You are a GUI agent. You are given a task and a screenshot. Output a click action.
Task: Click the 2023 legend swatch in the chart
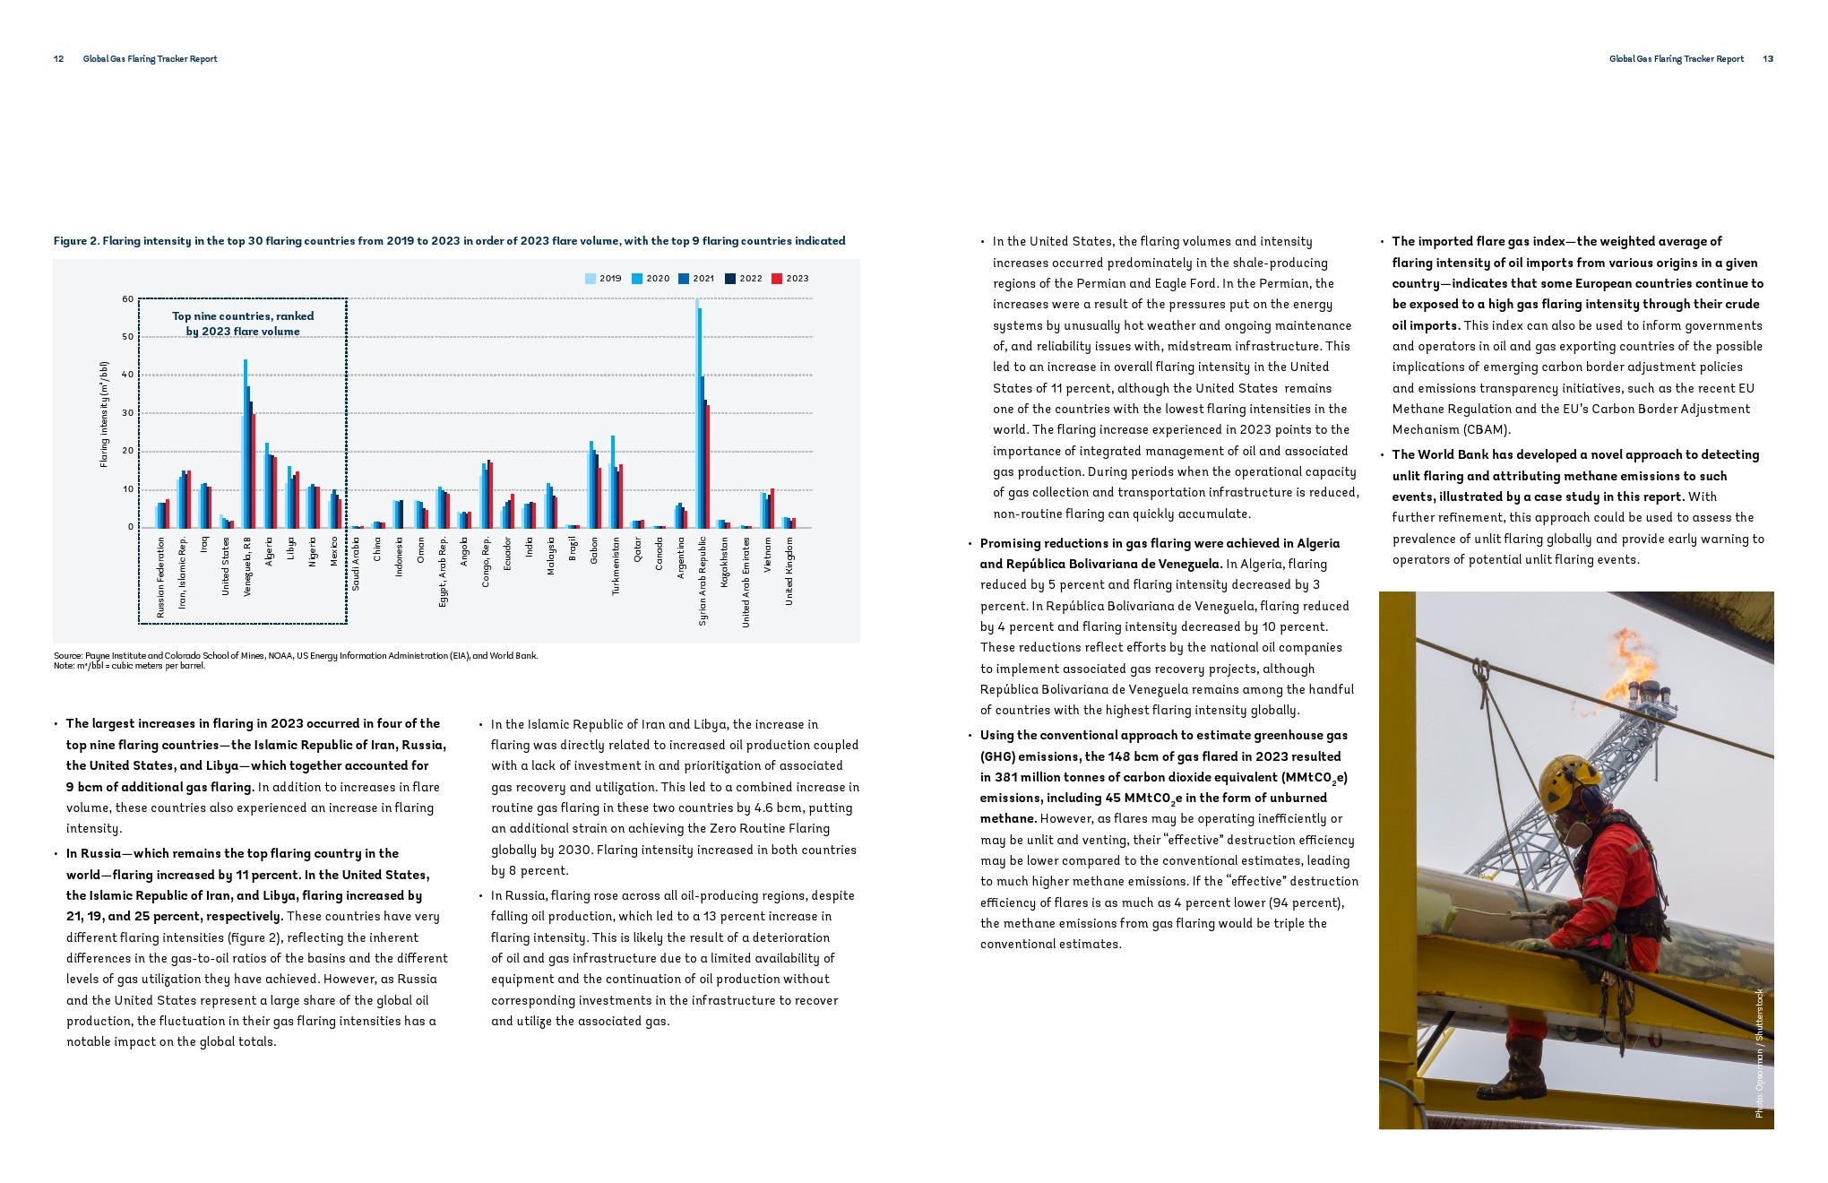coord(778,279)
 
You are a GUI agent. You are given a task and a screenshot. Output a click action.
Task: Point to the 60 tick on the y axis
coord(128,299)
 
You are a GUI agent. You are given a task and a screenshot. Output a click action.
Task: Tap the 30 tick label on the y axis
coord(128,413)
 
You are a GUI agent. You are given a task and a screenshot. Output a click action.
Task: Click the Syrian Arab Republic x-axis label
coord(703,581)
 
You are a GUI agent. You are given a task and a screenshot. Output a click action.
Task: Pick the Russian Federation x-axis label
coord(161,577)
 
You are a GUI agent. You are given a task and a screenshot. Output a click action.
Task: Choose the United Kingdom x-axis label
coord(789,571)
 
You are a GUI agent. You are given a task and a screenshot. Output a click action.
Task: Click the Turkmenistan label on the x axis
coord(616,566)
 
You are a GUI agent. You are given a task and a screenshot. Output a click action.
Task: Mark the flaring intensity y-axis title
coord(104,414)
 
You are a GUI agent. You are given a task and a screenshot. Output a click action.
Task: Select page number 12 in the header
coord(59,59)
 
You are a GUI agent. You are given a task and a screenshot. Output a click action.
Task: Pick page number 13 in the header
coord(1768,59)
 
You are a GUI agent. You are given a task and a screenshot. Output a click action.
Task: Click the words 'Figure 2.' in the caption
coord(75,241)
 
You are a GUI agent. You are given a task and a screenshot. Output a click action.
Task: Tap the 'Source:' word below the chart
coord(68,656)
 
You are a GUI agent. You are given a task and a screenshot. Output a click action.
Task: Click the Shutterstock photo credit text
coord(1759,1053)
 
